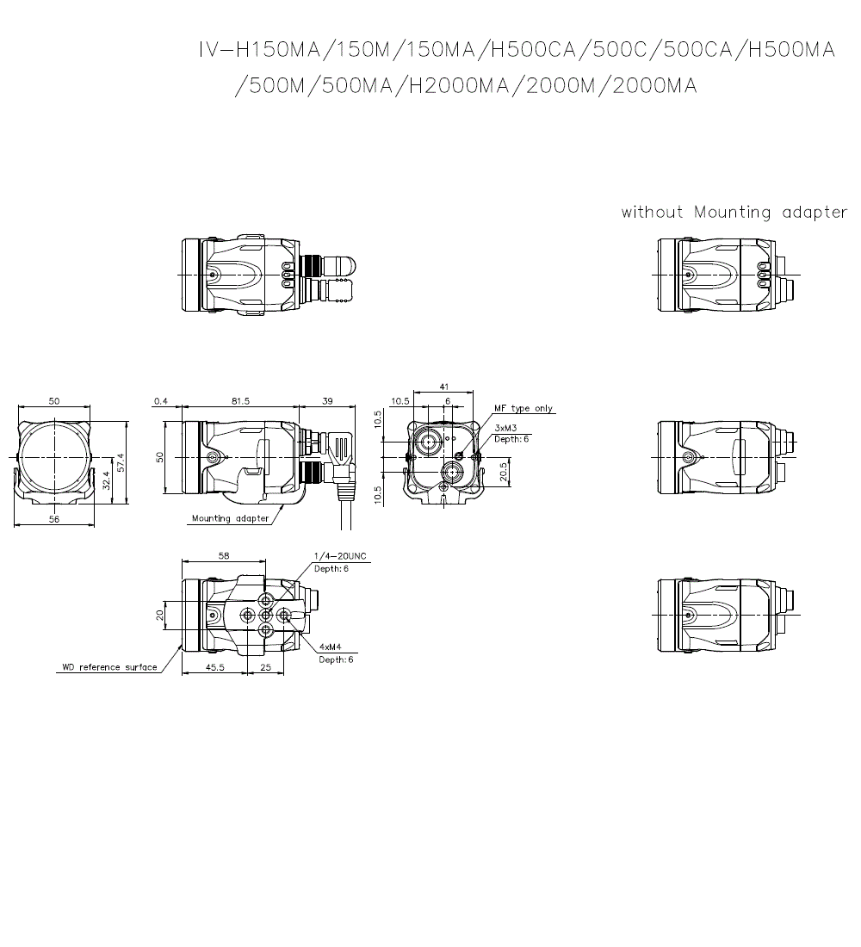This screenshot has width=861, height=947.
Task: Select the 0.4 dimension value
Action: (x=160, y=401)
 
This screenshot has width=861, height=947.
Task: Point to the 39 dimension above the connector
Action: (x=327, y=401)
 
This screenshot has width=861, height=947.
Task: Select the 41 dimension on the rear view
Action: (x=444, y=387)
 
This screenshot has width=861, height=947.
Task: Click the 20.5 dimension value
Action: (x=503, y=472)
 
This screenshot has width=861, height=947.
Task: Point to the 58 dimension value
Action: (x=224, y=556)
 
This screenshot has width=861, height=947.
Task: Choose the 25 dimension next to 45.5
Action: (x=265, y=668)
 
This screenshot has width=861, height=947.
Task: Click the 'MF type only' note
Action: (x=523, y=409)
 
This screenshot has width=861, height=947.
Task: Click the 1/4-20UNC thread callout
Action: (x=340, y=556)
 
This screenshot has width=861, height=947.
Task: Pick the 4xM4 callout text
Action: (x=331, y=647)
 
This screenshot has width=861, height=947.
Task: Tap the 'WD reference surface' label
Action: (x=109, y=667)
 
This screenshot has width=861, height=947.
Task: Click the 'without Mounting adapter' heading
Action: (x=734, y=213)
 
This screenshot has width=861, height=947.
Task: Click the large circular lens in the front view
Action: (x=53, y=456)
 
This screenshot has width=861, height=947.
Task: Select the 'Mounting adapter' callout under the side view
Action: (x=230, y=518)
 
